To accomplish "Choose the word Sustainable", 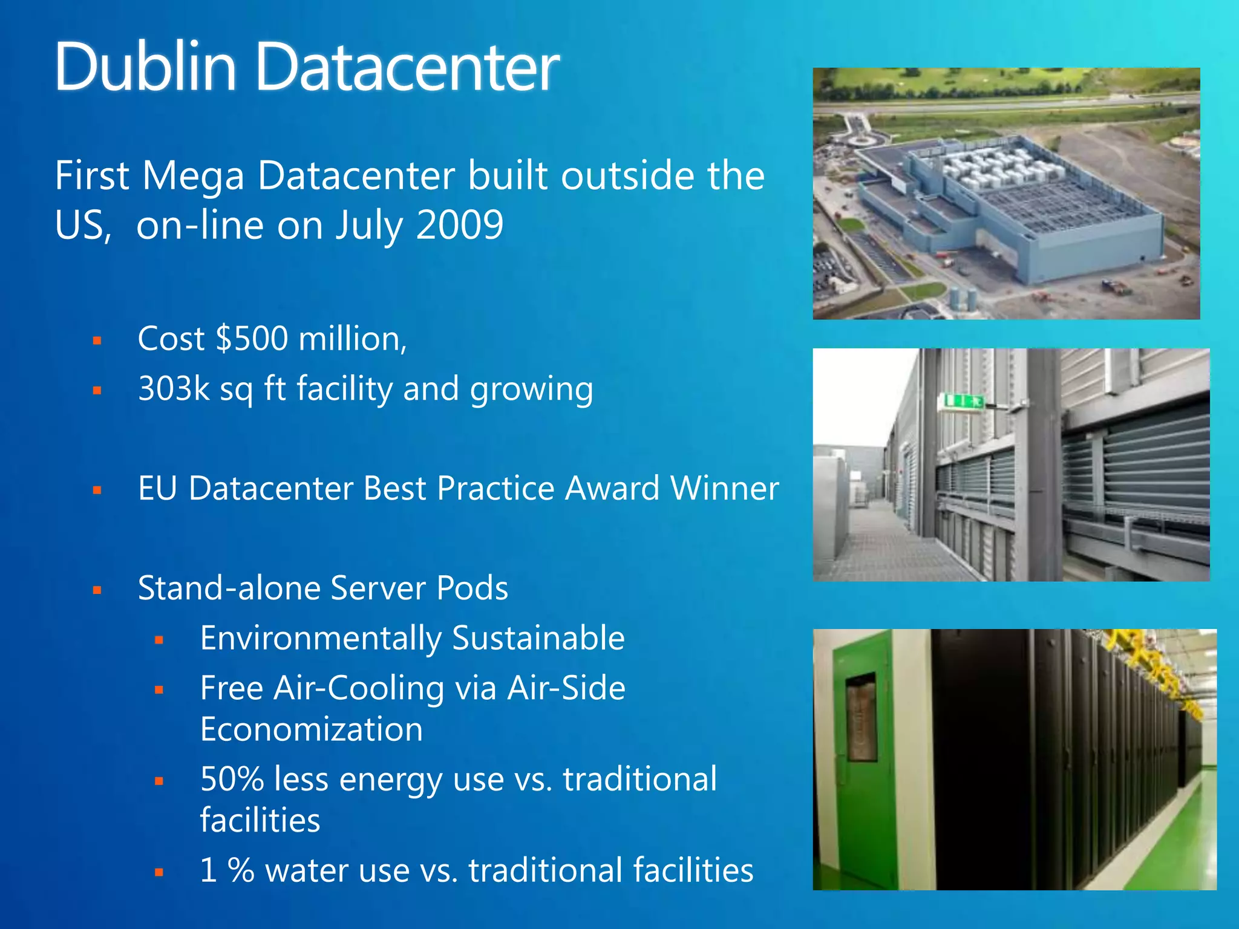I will [x=538, y=638].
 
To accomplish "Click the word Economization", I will [x=312, y=729].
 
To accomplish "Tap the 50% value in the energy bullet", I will [x=232, y=779].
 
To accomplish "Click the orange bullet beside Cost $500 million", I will [x=97, y=341].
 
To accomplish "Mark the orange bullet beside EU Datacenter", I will [x=97, y=491].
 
